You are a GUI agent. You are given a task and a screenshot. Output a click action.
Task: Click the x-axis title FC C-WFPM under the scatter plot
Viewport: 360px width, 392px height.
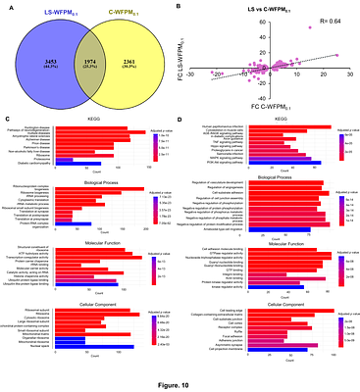tap(267, 103)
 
